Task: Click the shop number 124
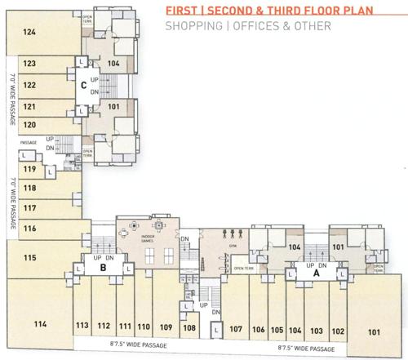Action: pos(30,33)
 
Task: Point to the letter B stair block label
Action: pos(104,266)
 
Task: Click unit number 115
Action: pos(30,258)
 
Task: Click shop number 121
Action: pos(29,106)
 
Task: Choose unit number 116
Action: pos(30,230)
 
